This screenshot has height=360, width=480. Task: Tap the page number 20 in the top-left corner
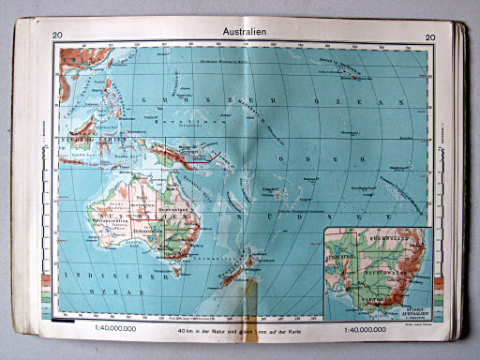coord(58,37)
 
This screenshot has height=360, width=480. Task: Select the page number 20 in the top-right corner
coord(430,37)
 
